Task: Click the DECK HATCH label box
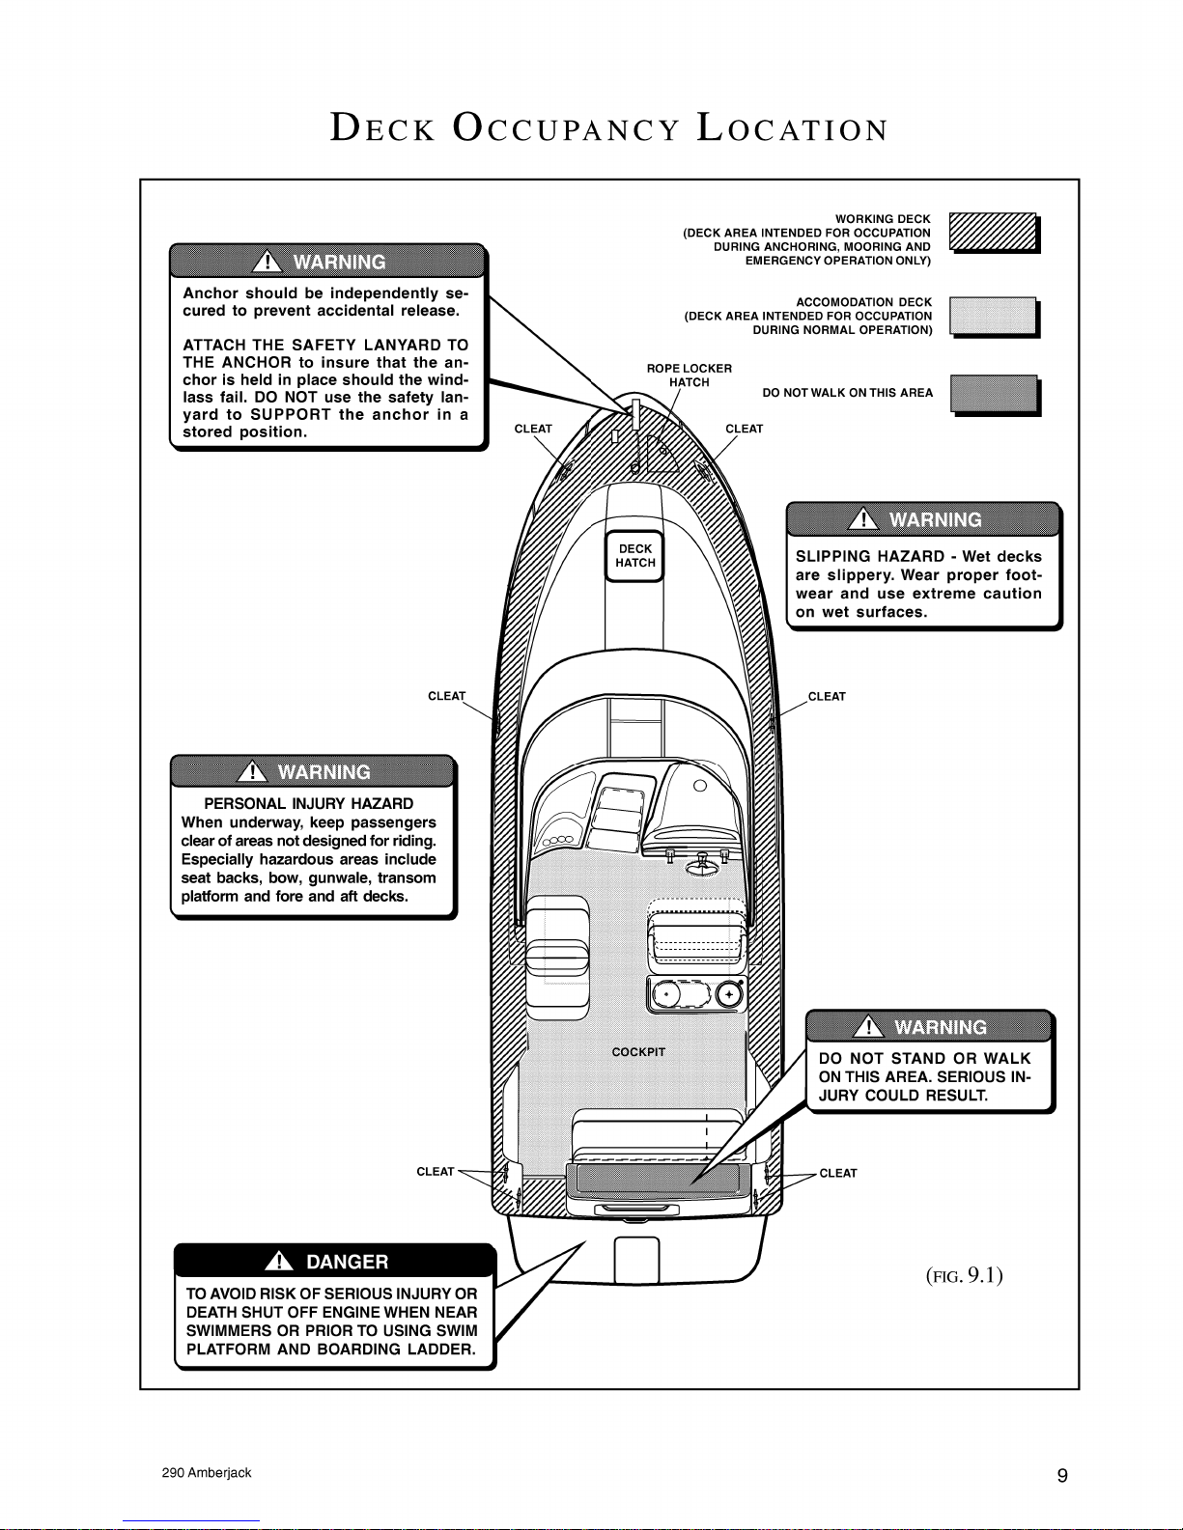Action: click(x=634, y=556)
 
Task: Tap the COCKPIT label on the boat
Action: click(x=638, y=1052)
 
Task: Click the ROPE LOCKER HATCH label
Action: click(x=689, y=376)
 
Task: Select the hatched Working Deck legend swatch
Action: click(x=994, y=233)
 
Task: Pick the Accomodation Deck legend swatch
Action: click(x=994, y=317)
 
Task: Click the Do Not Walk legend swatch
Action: click(x=995, y=395)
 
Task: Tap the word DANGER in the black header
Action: click(x=347, y=1261)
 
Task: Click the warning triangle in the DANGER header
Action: click(x=279, y=1261)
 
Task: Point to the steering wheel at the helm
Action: click(x=702, y=864)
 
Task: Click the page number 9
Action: click(x=1062, y=1475)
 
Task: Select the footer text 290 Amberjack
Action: click(x=207, y=1472)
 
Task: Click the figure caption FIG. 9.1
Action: click(x=964, y=1275)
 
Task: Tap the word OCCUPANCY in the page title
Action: click(x=566, y=128)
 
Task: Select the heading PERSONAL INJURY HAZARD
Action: click(x=308, y=803)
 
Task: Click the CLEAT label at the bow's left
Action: click(x=533, y=429)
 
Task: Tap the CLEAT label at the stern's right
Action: click(x=838, y=1173)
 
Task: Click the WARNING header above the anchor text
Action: click(x=326, y=262)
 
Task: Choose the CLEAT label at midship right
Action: click(x=827, y=696)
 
